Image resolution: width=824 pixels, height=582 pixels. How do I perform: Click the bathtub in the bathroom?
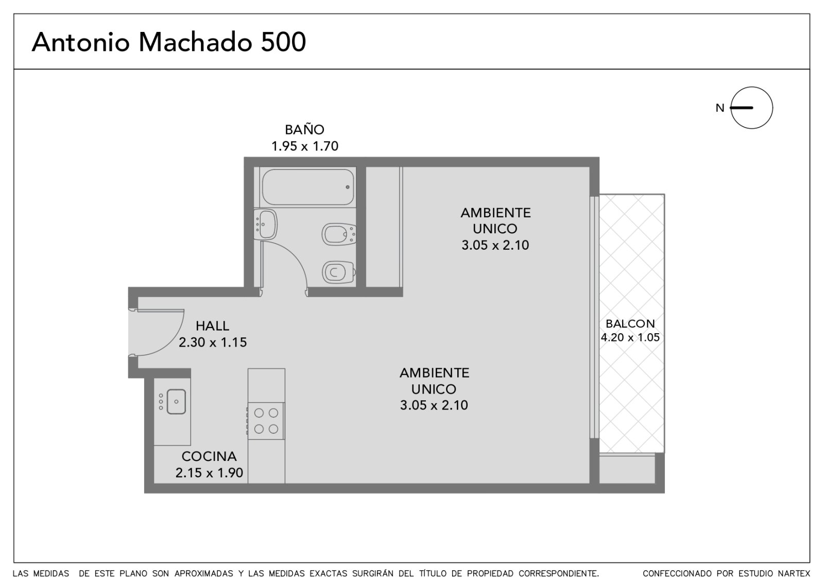[x=308, y=187]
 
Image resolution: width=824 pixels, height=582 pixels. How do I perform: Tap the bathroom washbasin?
[x=265, y=225]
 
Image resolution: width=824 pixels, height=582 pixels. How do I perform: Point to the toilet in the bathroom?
[x=339, y=272]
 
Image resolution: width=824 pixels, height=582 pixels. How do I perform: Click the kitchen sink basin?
[x=176, y=401]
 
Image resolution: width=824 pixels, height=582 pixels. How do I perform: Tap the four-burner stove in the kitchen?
[x=266, y=420]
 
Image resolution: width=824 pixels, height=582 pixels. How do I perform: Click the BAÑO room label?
[x=304, y=129]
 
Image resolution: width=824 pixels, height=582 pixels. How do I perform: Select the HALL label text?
[x=212, y=326]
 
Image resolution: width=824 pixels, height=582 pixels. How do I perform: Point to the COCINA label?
[x=209, y=456]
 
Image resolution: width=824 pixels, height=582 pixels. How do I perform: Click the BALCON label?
[x=630, y=323]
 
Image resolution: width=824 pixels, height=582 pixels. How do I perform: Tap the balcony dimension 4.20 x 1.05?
[x=630, y=337]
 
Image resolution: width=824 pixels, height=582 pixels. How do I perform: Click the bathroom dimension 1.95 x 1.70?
[x=304, y=146]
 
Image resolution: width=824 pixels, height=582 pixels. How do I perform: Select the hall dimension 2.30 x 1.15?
[x=213, y=342]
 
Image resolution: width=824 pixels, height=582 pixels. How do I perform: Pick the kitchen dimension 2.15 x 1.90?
[x=209, y=473]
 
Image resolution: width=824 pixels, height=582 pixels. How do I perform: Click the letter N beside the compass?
[x=720, y=108]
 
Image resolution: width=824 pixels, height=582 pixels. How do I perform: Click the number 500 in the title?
[x=283, y=42]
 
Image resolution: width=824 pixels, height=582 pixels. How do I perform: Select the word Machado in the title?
[x=195, y=42]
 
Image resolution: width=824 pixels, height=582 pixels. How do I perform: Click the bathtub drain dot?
[x=348, y=187]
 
